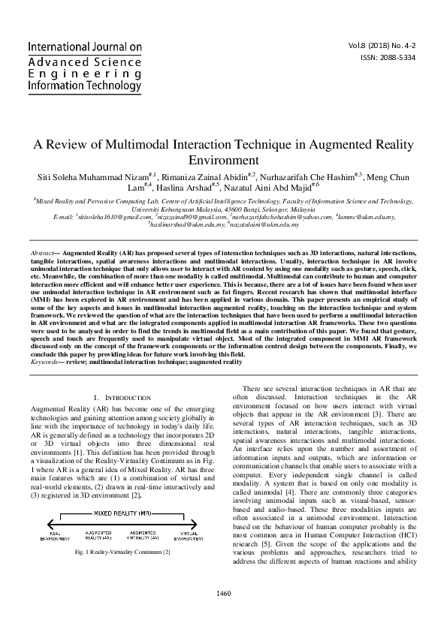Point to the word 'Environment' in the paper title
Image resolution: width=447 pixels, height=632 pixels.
point(222,161)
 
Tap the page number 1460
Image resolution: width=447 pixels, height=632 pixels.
point(222,615)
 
